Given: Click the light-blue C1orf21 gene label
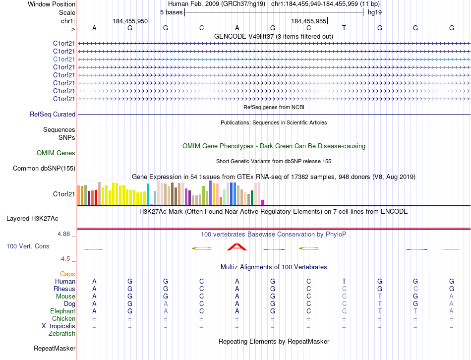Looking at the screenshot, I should pyautogui.click(x=64, y=59).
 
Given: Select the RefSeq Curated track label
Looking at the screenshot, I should pyautogui.click(x=53, y=115).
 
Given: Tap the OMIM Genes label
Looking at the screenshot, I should pyautogui.click(x=56, y=153).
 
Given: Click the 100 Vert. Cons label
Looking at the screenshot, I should pyautogui.click(x=28, y=246).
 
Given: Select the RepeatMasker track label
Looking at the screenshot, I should pyautogui.click(x=55, y=349).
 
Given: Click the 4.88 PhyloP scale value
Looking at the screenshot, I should pyautogui.click(x=65, y=234).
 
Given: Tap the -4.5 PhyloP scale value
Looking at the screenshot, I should pyautogui.click(x=67, y=258).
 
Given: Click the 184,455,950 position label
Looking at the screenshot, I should pyautogui.click(x=130, y=21).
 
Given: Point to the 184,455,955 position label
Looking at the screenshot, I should pyautogui.click(x=308, y=21).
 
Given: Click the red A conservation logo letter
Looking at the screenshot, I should pyautogui.click(x=237, y=246).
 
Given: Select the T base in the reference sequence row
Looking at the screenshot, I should pyautogui.click(x=344, y=28).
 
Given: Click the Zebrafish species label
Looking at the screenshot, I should pyautogui.click(x=62, y=334).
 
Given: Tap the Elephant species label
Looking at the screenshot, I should pyautogui.click(x=62, y=311).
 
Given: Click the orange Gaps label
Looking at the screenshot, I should pyautogui.click(x=67, y=274).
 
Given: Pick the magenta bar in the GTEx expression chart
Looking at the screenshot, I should pyautogui.click(x=262, y=202).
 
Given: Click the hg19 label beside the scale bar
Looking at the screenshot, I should pyautogui.click(x=374, y=12).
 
